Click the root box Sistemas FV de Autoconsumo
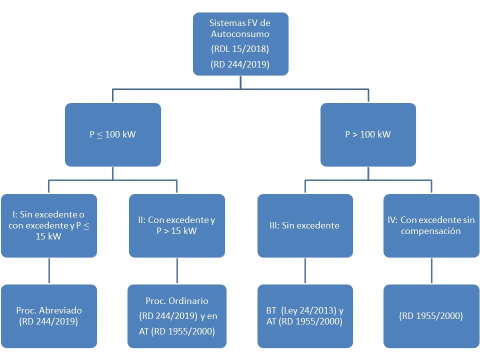[x=240, y=44]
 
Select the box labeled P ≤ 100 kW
[x=113, y=134]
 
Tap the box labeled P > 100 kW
[x=368, y=134]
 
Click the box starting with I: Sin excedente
[x=49, y=225]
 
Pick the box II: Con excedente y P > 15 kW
[x=177, y=225]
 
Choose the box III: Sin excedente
[x=305, y=225]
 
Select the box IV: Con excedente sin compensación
[x=431, y=225]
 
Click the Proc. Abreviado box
[x=49, y=316]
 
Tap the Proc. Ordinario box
[x=177, y=316]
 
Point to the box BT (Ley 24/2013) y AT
[x=305, y=316]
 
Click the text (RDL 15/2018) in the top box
[x=240, y=49]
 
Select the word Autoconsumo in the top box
[x=240, y=33]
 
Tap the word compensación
[x=430, y=231]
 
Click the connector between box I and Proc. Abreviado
[x=49, y=271]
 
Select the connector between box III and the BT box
[x=305, y=271]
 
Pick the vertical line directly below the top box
[x=240, y=82]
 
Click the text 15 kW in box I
[x=48, y=236]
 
